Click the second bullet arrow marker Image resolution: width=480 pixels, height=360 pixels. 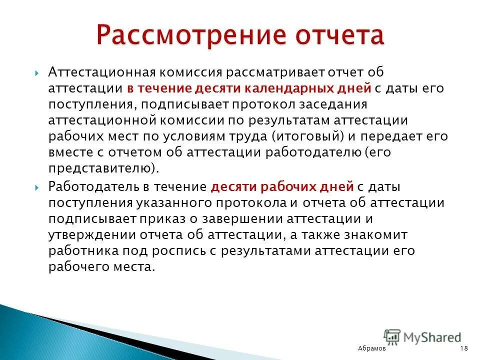click(x=38, y=187)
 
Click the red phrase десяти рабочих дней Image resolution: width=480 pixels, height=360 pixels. click(x=282, y=187)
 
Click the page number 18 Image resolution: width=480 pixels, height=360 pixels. click(x=463, y=348)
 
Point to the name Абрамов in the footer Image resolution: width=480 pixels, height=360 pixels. click(x=372, y=348)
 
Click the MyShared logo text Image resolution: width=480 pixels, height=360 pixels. click(x=432, y=338)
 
